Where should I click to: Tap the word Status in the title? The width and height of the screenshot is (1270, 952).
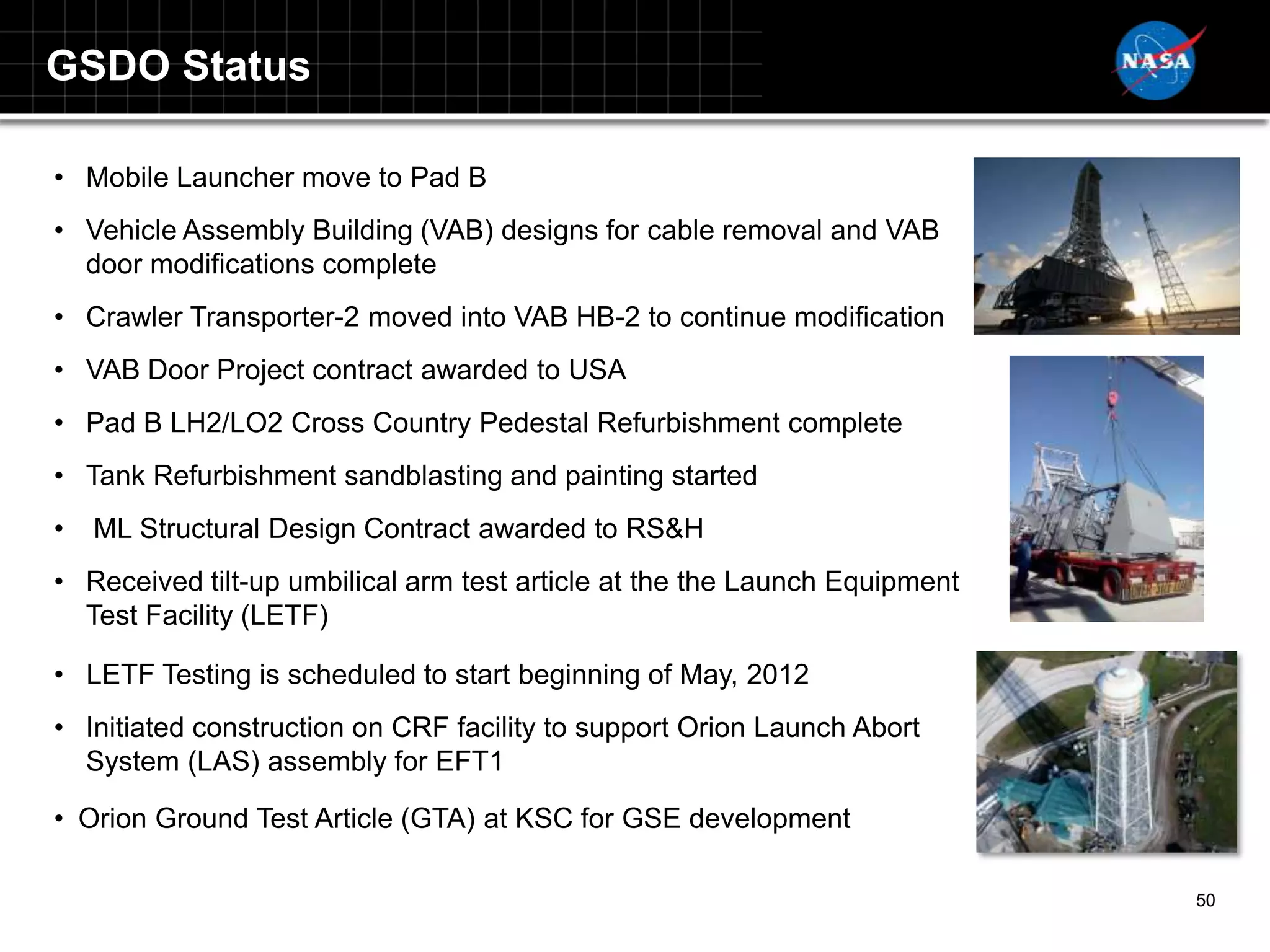point(246,66)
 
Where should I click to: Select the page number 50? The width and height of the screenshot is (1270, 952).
point(1205,900)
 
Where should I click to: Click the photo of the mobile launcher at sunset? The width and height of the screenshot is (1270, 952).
point(1106,246)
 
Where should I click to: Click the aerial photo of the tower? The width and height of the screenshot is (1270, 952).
point(1106,751)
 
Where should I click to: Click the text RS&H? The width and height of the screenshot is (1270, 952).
point(664,529)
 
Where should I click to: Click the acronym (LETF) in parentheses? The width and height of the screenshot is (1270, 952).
point(284,615)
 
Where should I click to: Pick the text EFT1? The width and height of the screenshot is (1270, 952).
point(469,761)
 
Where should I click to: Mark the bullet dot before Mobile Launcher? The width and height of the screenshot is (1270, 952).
point(59,178)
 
